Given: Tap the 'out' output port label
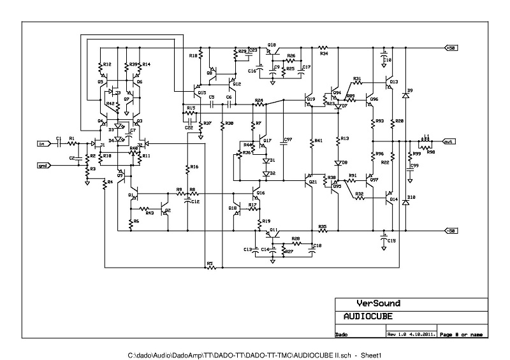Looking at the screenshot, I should pyautogui.click(x=449, y=141).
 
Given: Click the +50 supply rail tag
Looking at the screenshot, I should pyautogui.click(x=451, y=48).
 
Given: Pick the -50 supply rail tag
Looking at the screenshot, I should pyautogui.click(x=451, y=230).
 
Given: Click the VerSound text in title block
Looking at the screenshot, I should pyautogui.click(x=378, y=304).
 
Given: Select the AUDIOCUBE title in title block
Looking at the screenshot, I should pyautogui.click(x=368, y=317).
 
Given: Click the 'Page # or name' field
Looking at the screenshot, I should pyautogui.click(x=462, y=334).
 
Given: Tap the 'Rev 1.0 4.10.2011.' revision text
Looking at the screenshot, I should pyautogui.click(x=411, y=334).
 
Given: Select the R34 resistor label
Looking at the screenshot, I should pyautogui.click(x=324, y=54).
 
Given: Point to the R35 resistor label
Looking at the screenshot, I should pyautogui.click(x=323, y=227).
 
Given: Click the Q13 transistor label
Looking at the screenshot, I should pyautogui.click(x=393, y=82).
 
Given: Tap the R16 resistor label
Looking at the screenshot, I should pyautogui.click(x=194, y=166).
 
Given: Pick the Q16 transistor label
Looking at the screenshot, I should pyautogui.click(x=260, y=192).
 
